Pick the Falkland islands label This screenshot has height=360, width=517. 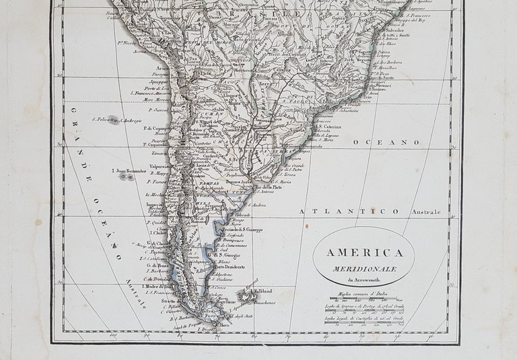click(261, 291)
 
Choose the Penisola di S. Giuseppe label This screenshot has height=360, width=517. click(238, 230)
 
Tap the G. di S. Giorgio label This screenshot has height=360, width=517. click(224, 254)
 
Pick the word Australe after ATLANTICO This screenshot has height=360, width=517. click(427, 213)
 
